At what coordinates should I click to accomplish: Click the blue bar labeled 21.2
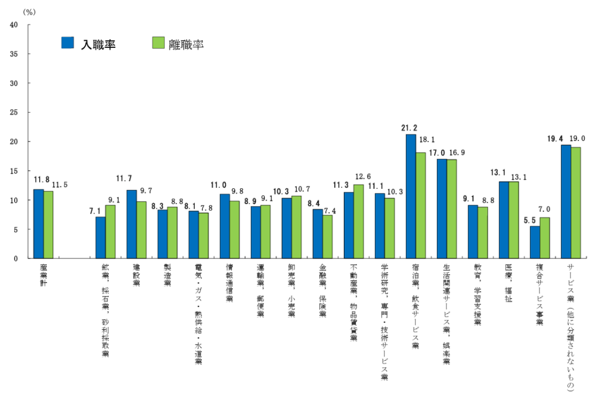(411, 196)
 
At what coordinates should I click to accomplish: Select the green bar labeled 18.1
(421, 205)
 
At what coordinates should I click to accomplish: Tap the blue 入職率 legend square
(68, 43)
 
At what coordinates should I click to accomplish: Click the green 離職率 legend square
(158, 43)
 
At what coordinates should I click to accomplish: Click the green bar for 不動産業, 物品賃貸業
(359, 222)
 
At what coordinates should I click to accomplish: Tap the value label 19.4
(555, 139)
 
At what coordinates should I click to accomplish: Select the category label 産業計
(43, 274)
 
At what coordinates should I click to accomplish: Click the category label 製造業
(167, 274)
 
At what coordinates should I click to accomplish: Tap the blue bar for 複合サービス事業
(535, 242)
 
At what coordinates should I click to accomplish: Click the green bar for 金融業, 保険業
(328, 237)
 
